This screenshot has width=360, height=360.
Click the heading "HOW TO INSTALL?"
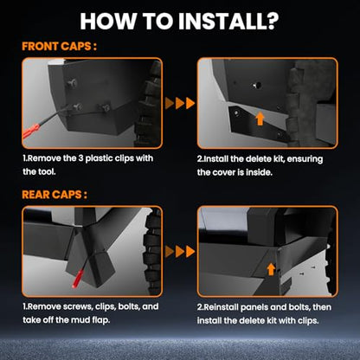point(179,21)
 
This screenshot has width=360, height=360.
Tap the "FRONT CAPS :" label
point(59,47)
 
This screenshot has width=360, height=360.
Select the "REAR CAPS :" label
point(55,195)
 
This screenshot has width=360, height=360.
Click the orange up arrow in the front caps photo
point(260,119)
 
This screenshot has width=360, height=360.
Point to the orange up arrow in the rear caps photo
point(271,269)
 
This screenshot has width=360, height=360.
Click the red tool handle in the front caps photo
point(31,132)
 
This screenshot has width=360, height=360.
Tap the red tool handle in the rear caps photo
point(78,278)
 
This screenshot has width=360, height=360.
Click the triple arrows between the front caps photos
point(180,103)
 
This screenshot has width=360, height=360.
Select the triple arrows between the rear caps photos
point(180,252)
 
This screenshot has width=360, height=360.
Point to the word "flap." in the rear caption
point(100,320)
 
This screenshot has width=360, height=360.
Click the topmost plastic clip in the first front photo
point(72,84)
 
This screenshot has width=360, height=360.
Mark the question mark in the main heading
point(272,21)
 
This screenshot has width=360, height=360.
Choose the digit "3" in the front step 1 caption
point(80,158)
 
